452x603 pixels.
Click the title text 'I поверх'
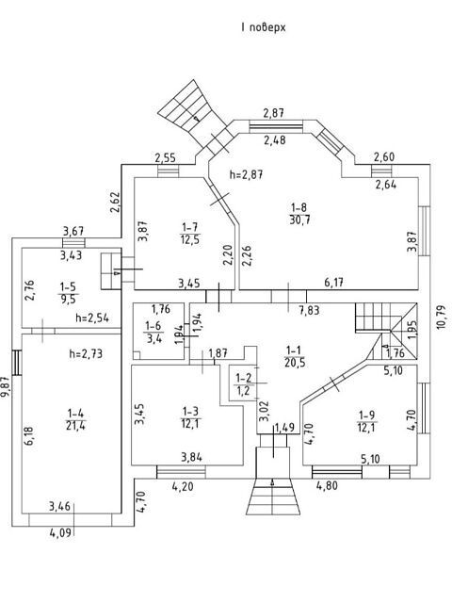point(264,27)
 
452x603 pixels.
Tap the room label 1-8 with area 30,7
point(299,214)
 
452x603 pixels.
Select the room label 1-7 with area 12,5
point(190,234)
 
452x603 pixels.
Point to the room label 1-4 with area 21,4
point(75,419)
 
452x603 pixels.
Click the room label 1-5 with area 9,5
point(68,293)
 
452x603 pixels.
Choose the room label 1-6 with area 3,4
point(153,333)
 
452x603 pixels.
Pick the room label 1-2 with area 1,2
point(243,384)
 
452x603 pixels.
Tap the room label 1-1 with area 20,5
point(295,356)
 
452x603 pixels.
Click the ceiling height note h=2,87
point(246,174)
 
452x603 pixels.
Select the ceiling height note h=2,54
point(92,318)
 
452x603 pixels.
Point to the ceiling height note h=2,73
point(86,353)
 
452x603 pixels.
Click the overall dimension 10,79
point(442,317)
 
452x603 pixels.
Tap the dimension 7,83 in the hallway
point(309,310)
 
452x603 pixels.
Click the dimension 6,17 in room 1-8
point(333,283)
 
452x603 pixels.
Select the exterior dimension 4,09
point(60,533)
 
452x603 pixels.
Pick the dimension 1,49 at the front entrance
point(284,427)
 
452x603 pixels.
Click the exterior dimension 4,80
point(327,486)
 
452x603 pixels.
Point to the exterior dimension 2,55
point(166,157)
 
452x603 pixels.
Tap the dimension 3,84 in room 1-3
point(191,457)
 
